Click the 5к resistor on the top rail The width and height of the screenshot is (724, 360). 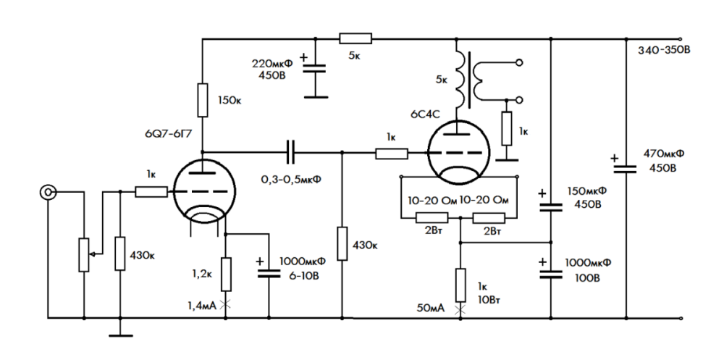coord(356,38)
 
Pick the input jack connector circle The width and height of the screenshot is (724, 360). coord(49,192)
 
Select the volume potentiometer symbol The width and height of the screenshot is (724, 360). coord(85,254)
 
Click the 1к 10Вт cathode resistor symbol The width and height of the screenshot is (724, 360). coord(460,284)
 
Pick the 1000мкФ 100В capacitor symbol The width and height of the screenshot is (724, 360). coord(551,272)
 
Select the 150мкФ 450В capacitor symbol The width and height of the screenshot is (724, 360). coord(551,204)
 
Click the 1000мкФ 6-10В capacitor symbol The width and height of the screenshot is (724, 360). coord(269,270)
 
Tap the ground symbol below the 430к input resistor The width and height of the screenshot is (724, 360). coord(120,333)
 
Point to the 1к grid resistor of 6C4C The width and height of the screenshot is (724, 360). coord(392,153)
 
